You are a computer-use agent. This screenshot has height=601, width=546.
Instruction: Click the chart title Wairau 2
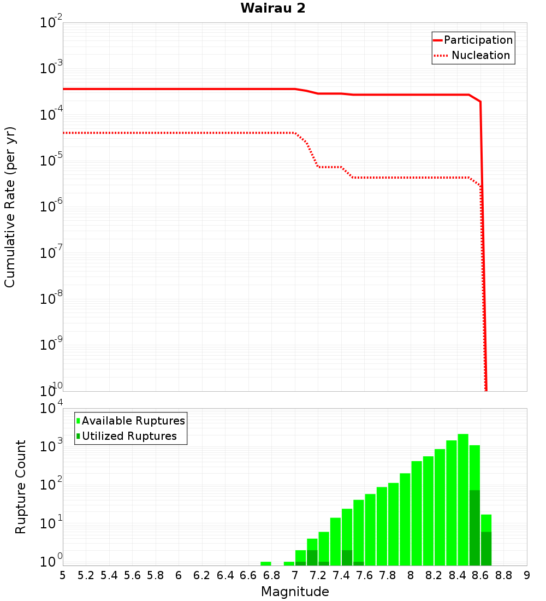click(272, 8)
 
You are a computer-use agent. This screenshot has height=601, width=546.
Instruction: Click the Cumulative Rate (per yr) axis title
click(10, 207)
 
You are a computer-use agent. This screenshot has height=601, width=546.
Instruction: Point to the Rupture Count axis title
click(21, 486)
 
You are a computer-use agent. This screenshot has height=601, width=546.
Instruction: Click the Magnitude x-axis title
click(295, 592)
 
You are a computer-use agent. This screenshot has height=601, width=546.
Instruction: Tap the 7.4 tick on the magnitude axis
click(341, 575)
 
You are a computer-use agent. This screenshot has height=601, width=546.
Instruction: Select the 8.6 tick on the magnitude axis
click(480, 575)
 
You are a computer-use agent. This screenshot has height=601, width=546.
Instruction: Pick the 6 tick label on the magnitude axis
click(179, 575)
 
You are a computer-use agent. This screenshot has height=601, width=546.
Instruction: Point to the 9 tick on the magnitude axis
click(527, 575)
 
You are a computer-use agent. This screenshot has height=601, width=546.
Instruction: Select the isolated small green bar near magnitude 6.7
click(266, 563)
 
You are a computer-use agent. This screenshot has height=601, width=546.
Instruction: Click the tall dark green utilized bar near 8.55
click(474, 527)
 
